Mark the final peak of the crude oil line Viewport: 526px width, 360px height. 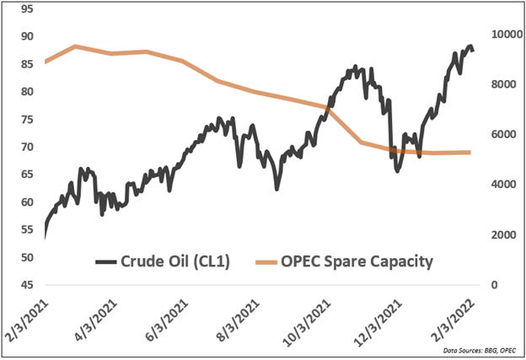tap(470, 46)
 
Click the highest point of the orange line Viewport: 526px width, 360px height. tap(76, 46)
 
